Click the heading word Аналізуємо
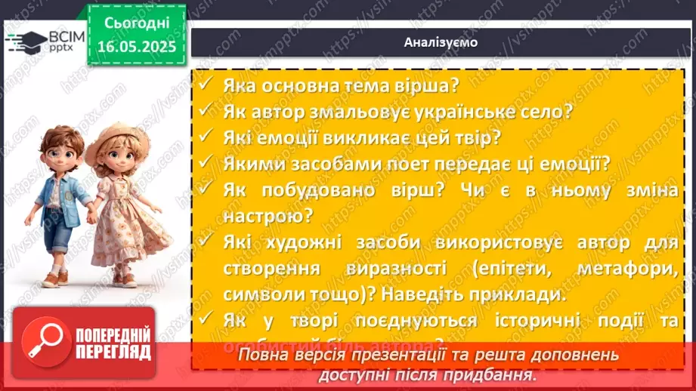click(x=441, y=42)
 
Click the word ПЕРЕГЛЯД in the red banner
click(x=113, y=352)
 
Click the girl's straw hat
click(x=113, y=140)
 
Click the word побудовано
click(x=325, y=191)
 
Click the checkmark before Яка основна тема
click(x=205, y=85)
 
